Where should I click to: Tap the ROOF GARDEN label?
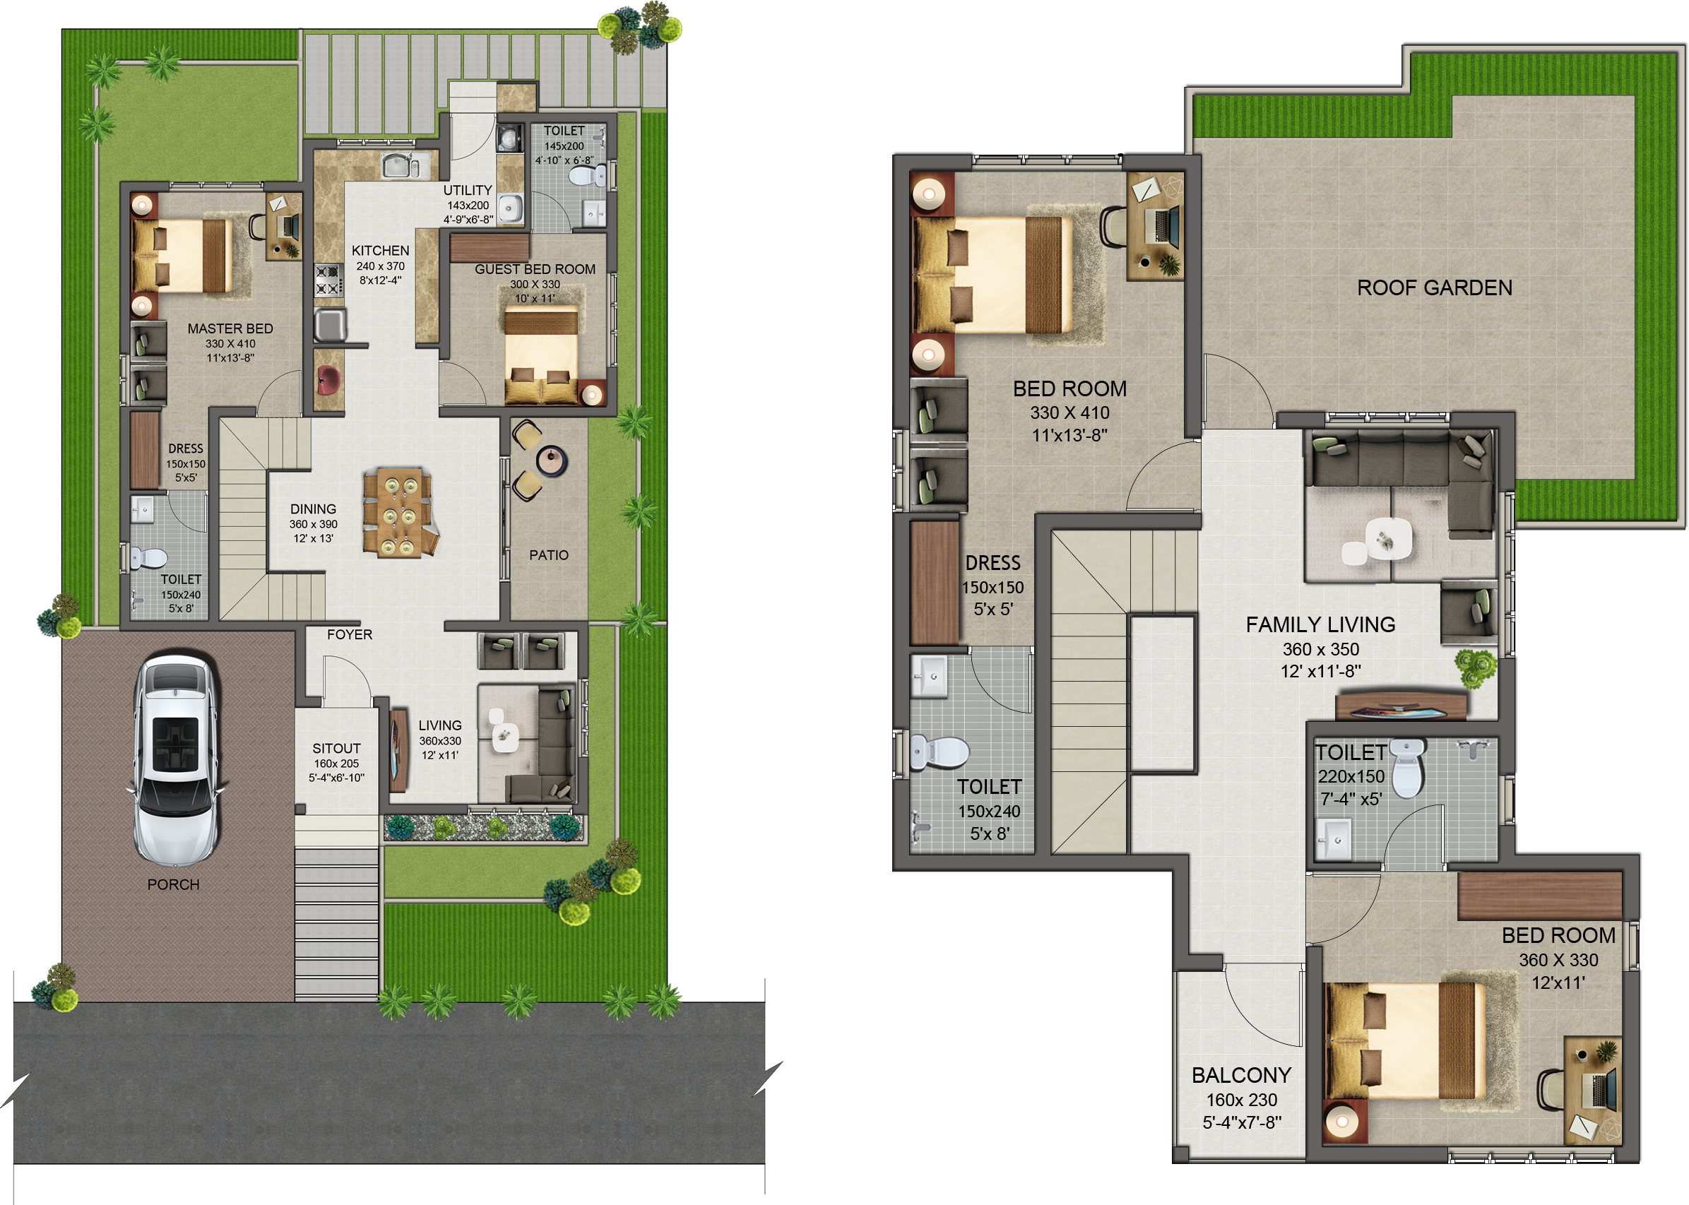[x=1435, y=288]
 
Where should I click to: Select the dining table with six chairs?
[x=398, y=511]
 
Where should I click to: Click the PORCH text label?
[x=174, y=884]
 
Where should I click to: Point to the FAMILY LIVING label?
[x=1320, y=625]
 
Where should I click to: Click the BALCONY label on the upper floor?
[x=1242, y=1075]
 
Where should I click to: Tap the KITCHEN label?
[x=381, y=251]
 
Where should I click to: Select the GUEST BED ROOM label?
[x=535, y=269]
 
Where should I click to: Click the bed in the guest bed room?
[x=541, y=355]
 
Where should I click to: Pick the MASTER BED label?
[x=230, y=328]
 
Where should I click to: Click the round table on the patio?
[x=552, y=460]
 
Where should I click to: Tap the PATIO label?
[x=549, y=555]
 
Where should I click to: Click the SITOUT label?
[x=336, y=749]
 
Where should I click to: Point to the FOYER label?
[x=350, y=634]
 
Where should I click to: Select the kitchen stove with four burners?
[x=328, y=280]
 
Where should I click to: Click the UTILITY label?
[x=468, y=190]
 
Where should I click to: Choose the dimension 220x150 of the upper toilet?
[x=1351, y=777]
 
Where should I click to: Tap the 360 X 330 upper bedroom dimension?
[x=1558, y=960]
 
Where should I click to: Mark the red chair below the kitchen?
[x=328, y=380]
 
